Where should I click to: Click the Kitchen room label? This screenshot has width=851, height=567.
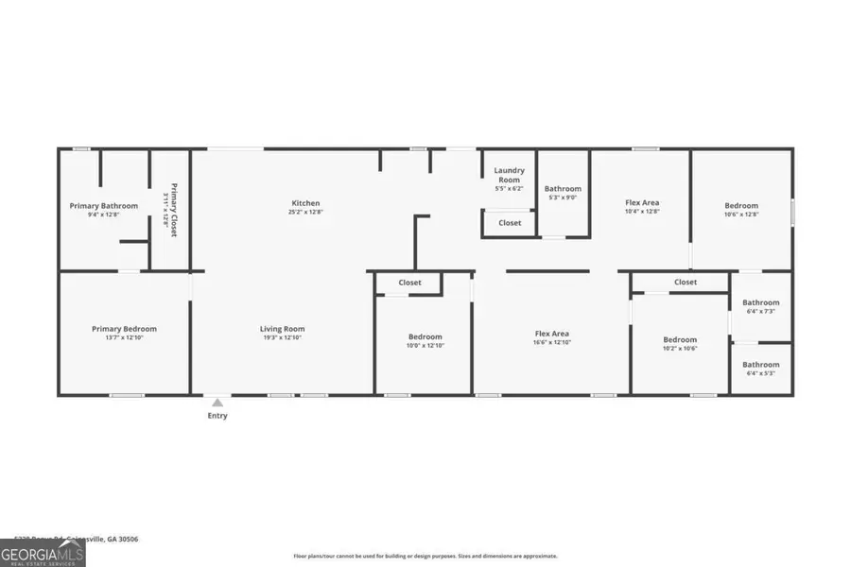pyautogui.click(x=305, y=203)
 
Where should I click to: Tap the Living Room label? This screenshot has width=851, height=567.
pyautogui.click(x=283, y=329)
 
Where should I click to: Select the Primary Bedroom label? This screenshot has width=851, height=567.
pyautogui.click(x=124, y=329)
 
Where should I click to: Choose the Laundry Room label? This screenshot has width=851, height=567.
pyautogui.click(x=509, y=175)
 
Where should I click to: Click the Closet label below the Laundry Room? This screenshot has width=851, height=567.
pyautogui.click(x=510, y=223)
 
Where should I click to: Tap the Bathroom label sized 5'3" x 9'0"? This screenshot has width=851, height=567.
pyautogui.click(x=563, y=189)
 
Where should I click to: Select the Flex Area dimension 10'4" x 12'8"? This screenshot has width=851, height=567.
pyautogui.click(x=642, y=212)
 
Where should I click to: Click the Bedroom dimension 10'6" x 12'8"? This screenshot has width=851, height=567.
pyautogui.click(x=741, y=215)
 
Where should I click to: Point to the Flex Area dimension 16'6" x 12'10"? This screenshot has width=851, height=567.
pyautogui.click(x=551, y=342)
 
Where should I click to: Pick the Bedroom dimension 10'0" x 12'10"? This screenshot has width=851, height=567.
pyautogui.click(x=425, y=346)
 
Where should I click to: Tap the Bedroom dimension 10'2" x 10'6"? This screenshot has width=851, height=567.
pyautogui.click(x=679, y=349)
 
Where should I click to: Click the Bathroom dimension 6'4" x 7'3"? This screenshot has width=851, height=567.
pyautogui.click(x=760, y=312)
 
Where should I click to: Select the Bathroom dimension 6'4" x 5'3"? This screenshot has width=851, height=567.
pyautogui.click(x=760, y=373)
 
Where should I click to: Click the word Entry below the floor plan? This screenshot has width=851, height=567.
pyautogui.click(x=217, y=416)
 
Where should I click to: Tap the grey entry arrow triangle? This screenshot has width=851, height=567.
pyautogui.click(x=217, y=403)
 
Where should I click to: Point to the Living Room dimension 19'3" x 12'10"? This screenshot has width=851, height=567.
pyautogui.click(x=283, y=338)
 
